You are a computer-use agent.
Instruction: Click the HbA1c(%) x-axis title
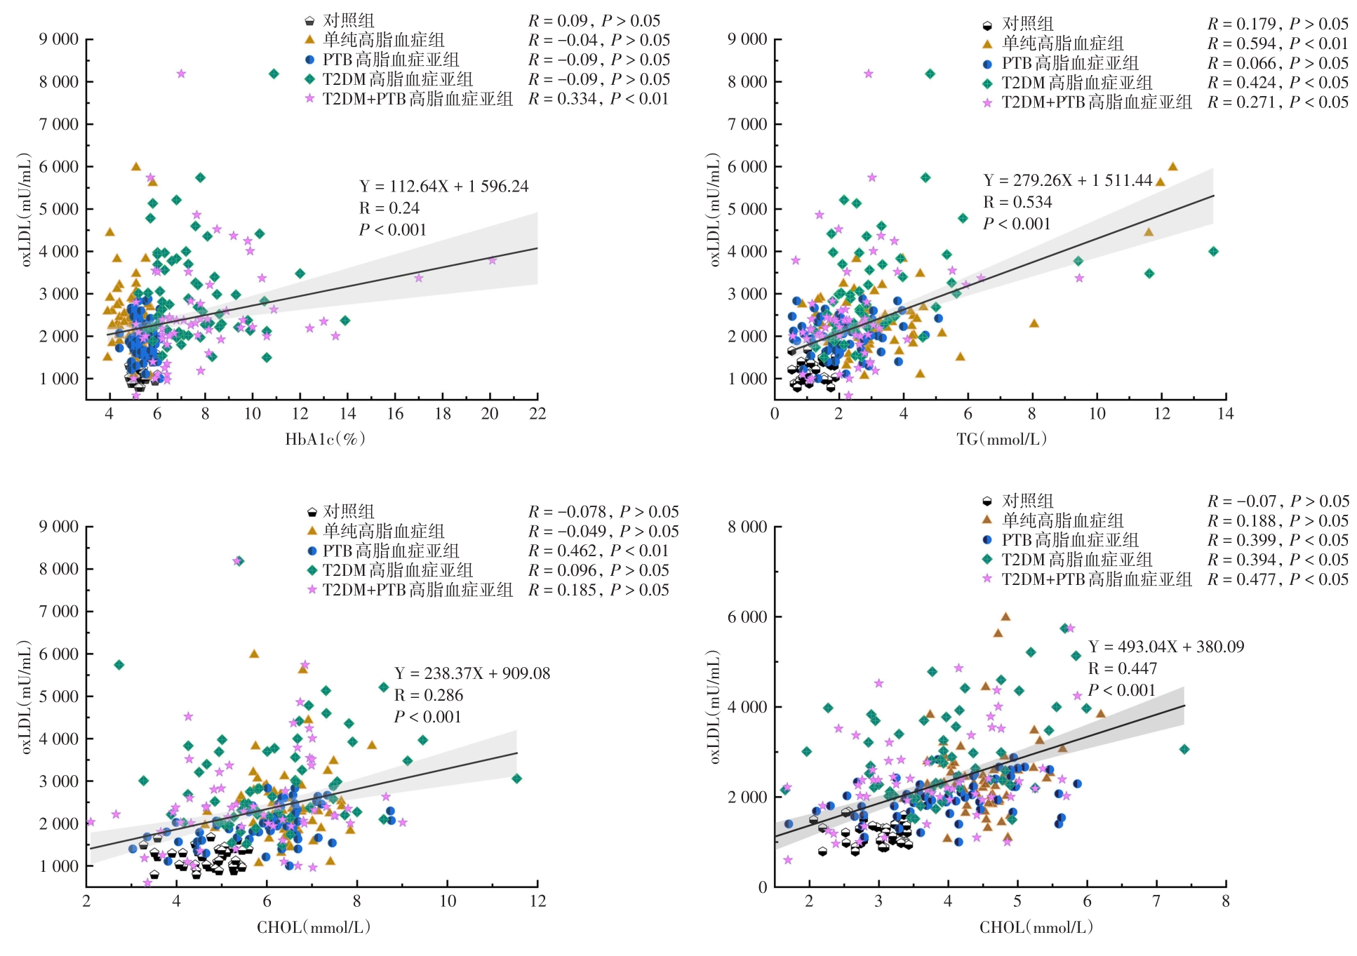tap(325, 439)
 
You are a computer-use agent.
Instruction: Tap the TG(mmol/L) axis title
tap(1001, 439)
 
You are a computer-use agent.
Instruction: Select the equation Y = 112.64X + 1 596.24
tap(443, 187)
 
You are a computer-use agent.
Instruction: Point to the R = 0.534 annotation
tap(1017, 203)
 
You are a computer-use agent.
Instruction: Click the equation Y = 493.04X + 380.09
tap(1165, 647)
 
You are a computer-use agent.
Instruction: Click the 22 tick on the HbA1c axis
tap(537, 414)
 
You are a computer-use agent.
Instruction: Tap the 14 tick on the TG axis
tap(1225, 414)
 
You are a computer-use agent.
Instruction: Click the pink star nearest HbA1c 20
tap(493, 260)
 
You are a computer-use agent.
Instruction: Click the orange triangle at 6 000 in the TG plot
tap(1172, 167)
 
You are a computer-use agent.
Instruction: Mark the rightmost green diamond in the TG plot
tap(1214, 251)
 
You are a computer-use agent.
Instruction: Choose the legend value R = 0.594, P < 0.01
tap(1278, 43)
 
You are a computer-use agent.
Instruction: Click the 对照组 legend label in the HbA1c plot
tap(349, 20)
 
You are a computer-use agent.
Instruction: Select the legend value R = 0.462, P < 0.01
tap(599, 551)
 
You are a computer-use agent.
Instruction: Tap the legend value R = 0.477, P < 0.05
tap(1278, 579)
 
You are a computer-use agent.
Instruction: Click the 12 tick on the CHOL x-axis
tap(537, 901)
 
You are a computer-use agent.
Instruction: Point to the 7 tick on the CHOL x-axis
tap(1156, 901)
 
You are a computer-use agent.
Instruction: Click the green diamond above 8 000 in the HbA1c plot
tap(274, 74)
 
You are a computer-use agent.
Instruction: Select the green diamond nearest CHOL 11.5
tap(516, 779)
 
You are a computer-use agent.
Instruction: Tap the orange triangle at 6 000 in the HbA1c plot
tap(136, 167)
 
